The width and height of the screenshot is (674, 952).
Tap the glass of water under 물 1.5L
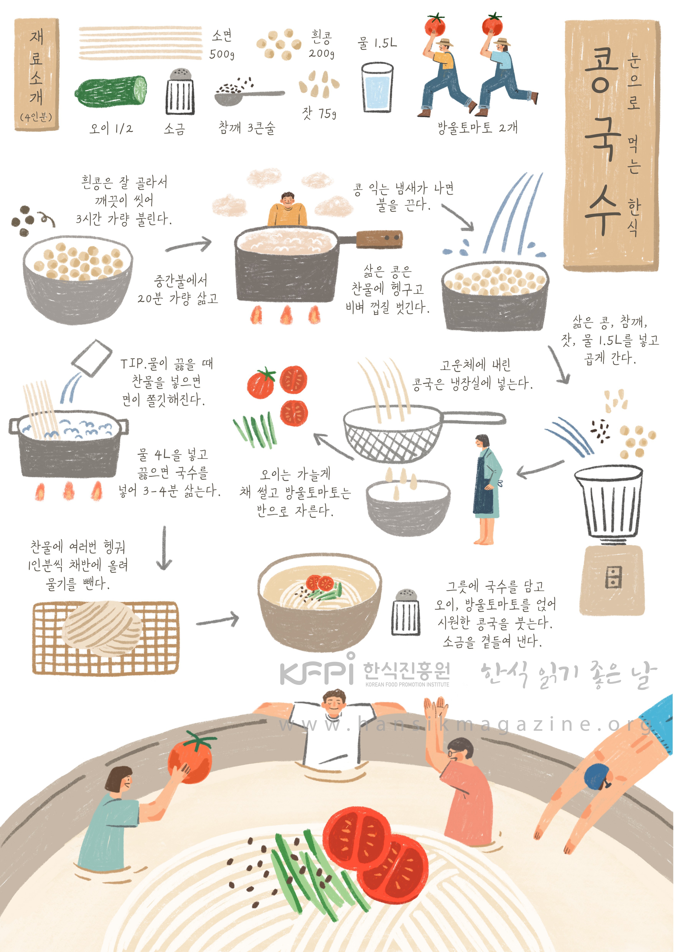377,87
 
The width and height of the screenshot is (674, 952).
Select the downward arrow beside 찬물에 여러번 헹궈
164,548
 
